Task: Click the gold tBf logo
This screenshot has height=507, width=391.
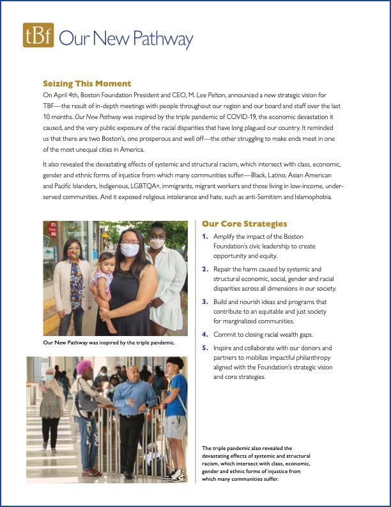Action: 38,36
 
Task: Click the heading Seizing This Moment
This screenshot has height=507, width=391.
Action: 87,83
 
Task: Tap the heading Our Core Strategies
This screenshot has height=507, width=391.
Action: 244,223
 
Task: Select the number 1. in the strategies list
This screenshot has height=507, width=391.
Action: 204,237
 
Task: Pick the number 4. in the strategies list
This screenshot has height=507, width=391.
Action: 204,334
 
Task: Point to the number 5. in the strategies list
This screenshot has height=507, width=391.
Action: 204,348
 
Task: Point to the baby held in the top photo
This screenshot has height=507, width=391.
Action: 103,282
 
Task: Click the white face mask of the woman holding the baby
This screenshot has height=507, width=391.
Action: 130,250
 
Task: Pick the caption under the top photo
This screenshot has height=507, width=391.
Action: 109,343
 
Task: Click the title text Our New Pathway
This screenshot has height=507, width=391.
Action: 126,38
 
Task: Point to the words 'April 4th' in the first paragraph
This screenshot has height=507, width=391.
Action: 66,94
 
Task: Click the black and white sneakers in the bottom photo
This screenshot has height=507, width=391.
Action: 175,474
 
